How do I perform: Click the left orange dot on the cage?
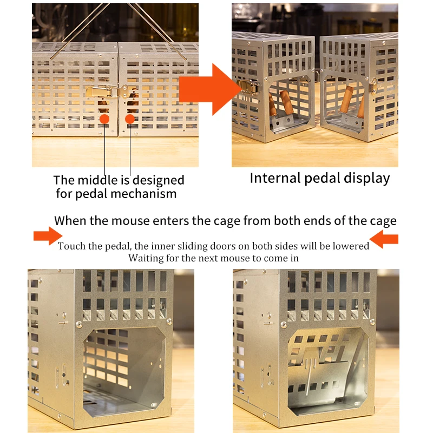tap(104, 118)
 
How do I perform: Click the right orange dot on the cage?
tap(130, 118)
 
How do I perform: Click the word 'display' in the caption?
tap(367, 178)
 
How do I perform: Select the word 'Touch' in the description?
tap(73, 246)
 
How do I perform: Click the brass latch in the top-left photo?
tap(103, 93)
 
